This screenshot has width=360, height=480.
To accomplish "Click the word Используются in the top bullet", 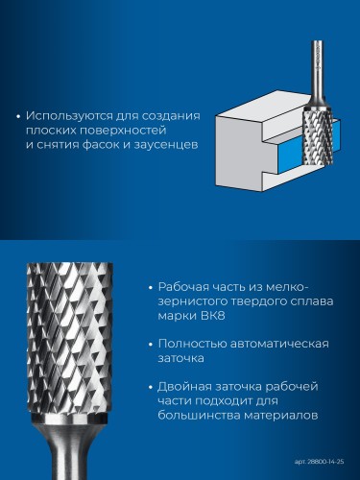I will (x=65, y=116).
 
